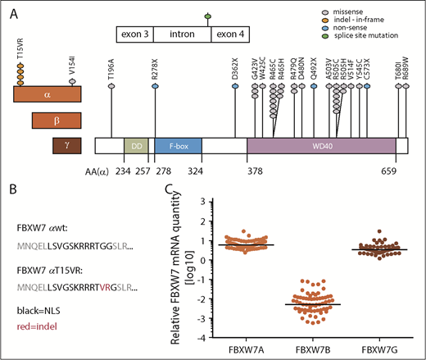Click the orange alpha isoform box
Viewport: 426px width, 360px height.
point(47,95)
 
